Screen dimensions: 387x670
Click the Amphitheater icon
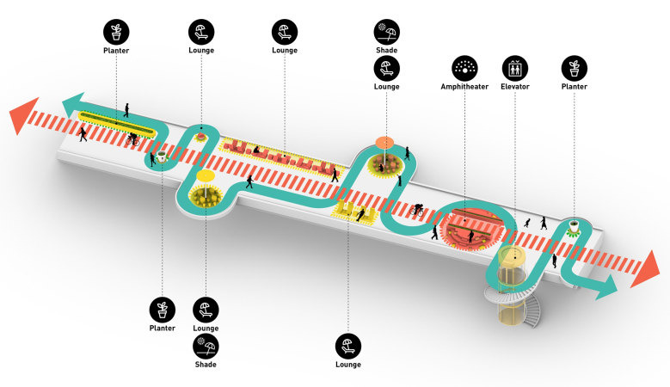coord(465,68)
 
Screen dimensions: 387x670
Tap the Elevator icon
coord(515,68)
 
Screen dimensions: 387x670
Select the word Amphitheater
coord(465,87)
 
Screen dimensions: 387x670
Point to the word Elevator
coord(515,87)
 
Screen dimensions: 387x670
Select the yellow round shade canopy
coord(206,176)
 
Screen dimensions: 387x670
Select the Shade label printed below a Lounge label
coord(206,365)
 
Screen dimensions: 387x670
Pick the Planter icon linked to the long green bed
coord(116,33)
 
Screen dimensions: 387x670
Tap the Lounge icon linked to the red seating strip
coord(284,33)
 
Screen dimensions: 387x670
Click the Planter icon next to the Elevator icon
coord(574,68)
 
